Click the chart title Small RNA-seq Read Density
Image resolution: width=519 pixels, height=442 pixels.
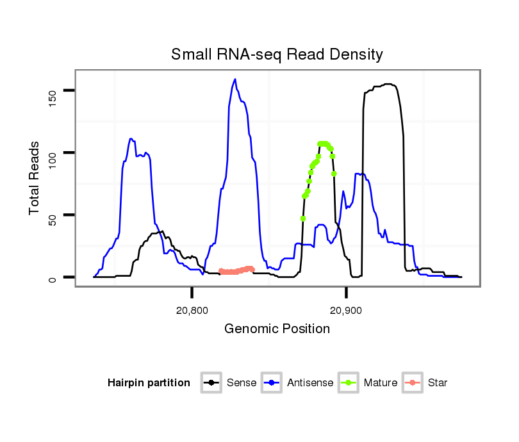click(x=277, y=54)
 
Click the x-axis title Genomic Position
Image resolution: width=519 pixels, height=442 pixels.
click(x=277, y=329)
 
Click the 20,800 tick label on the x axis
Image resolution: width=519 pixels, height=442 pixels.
click(x=192, y=311)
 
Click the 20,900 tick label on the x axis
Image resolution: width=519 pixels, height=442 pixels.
click(x=346, y=311)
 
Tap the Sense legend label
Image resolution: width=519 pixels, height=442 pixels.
click(x=242, y=383)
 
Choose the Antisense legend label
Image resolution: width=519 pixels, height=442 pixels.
click(x=310, y=383)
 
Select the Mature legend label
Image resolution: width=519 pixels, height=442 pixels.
click(x=381, y=383)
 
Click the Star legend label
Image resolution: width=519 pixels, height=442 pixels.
click(x=437, y=383)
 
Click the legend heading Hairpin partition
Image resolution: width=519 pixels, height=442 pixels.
click(x=149, y=383)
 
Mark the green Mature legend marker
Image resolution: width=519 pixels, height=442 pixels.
click(x=349, y=383)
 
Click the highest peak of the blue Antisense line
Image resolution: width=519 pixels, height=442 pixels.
click(x=235, y=79)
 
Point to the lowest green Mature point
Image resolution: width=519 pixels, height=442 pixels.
click(x=303, y=218)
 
